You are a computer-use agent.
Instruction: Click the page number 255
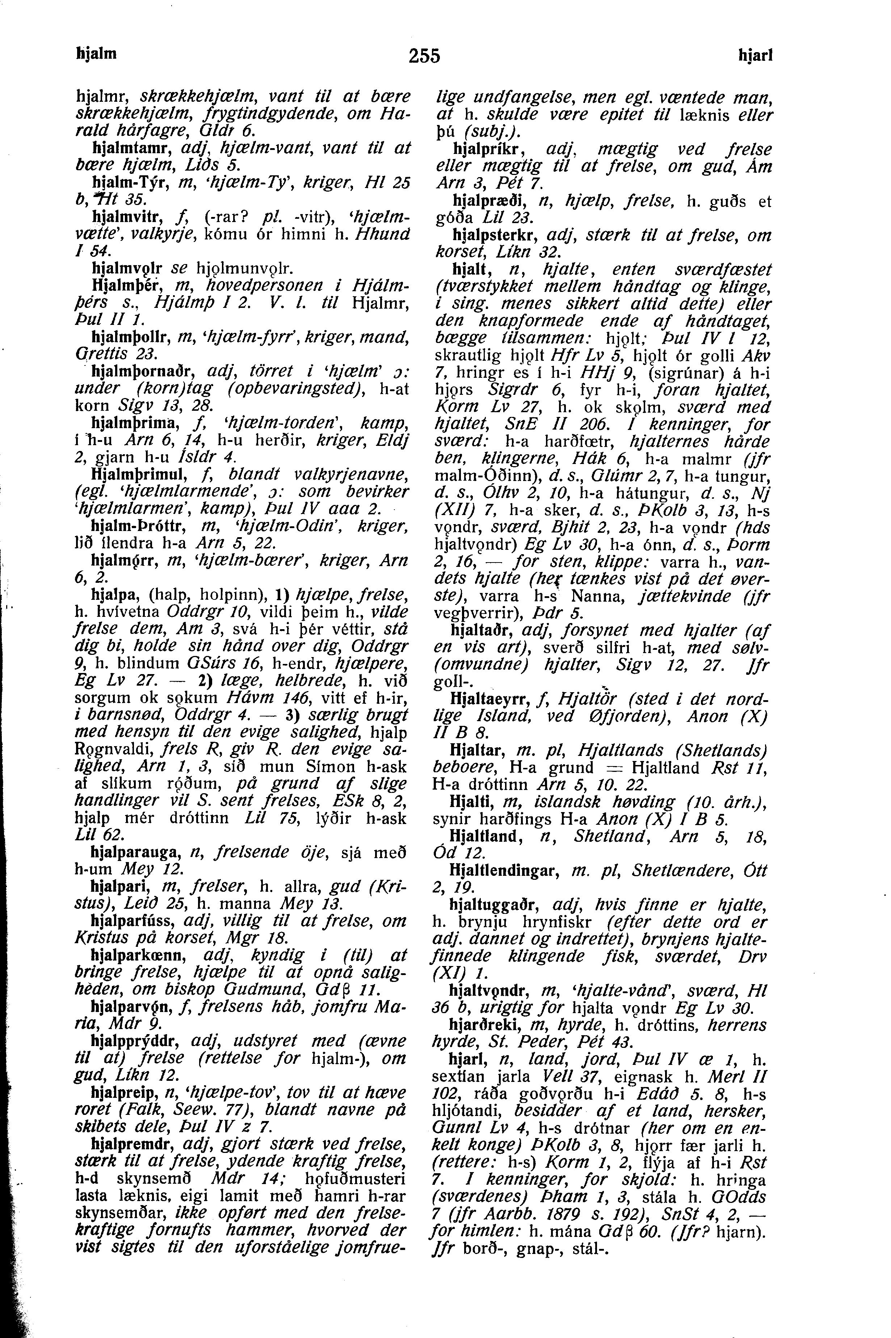pos(424,56)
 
